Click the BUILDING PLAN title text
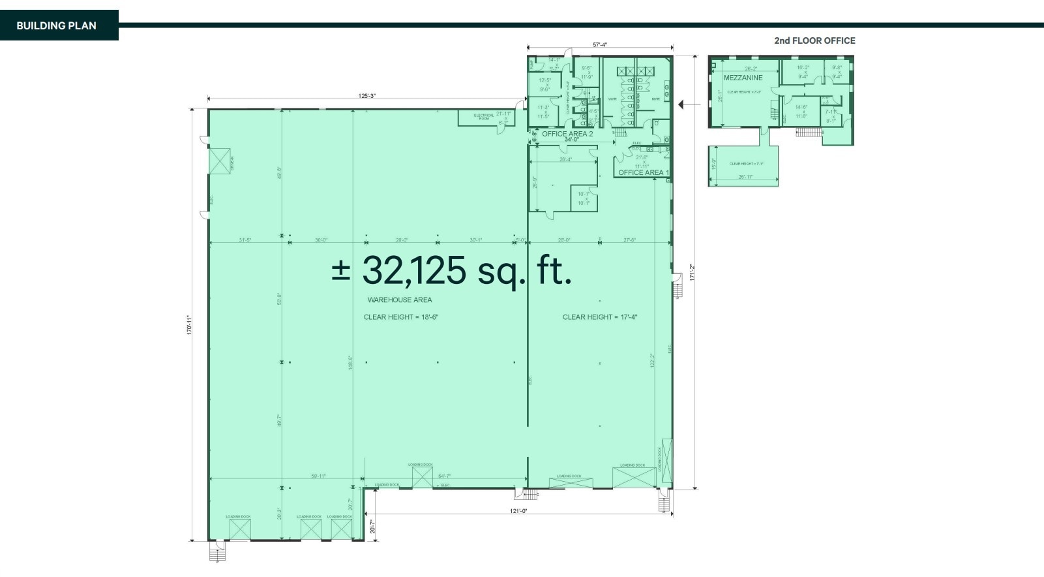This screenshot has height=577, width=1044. click(56, 25)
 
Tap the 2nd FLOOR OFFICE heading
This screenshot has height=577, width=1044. click(814, 40)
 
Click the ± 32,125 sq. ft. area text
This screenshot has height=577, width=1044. click(452, 270)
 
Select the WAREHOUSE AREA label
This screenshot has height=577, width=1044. click(400, 300)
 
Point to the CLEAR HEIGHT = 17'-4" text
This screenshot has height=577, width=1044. click(600, 317)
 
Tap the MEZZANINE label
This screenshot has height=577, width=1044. click(743, 78)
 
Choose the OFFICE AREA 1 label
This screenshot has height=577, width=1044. click(643, 173)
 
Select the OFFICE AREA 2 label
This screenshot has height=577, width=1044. click(567, 134)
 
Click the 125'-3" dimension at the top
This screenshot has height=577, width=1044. click(367, 97)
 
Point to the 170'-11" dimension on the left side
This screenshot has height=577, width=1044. click(189, 325)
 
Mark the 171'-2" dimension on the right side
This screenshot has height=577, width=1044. click(692, 273)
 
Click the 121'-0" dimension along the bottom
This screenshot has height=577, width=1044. click(518, 511)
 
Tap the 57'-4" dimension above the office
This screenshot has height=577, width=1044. click(600, 45)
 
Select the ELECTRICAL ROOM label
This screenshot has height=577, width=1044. click(484, 117)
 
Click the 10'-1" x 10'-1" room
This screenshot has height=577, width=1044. click(583, 198)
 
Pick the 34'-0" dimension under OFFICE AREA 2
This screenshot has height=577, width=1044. click(572, 140)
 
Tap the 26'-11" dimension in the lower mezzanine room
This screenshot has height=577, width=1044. click(745, 177)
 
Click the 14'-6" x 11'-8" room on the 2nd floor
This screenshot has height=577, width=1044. click(801, 112)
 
